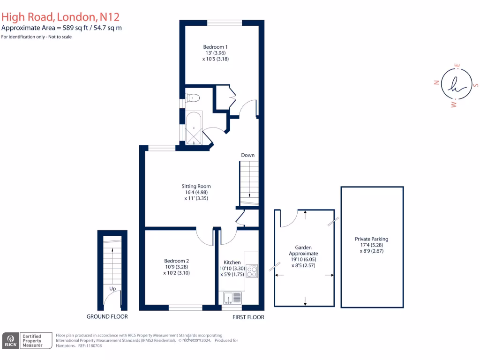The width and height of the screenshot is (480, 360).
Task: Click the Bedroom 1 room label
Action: pos(216,47)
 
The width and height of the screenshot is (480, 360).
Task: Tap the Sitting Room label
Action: pos(196,186)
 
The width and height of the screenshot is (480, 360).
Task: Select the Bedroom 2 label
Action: pos(176,261)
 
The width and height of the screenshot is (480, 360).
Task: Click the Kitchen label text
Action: pos(232,262)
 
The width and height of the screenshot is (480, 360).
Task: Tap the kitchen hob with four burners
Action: pos(252,271)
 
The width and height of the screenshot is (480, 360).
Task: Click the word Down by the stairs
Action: pos(248,155)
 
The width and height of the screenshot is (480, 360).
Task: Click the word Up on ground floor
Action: pos(112,289)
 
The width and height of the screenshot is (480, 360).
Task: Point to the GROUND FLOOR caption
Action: pos(107,317)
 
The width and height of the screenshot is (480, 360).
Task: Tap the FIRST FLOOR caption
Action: pos(248,317)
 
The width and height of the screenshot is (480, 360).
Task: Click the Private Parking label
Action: pos(372,239)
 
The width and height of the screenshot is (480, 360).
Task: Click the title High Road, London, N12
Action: pos(60,17)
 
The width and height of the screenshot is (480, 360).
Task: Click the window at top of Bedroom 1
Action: pos(225,22)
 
